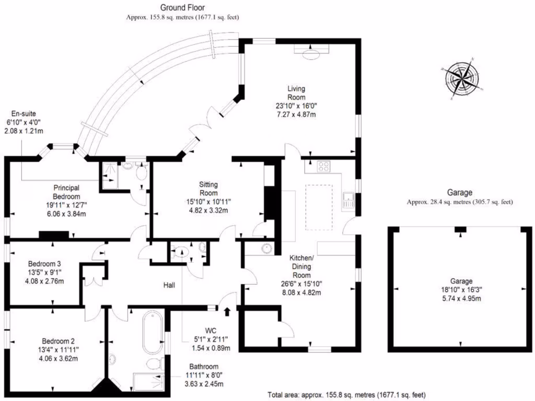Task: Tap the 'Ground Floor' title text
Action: click(182, 8)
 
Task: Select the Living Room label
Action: click(296, 92)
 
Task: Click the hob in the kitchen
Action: click(323, 167)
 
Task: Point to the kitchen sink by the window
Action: click(347, 200)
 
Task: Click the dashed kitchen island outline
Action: click(319, 207)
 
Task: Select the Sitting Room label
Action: click(208, 188)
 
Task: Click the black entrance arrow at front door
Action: click(227, 312)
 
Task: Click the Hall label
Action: click(169, 285)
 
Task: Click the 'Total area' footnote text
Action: click(346, 395)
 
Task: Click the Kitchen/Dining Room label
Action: click(302, 266)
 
